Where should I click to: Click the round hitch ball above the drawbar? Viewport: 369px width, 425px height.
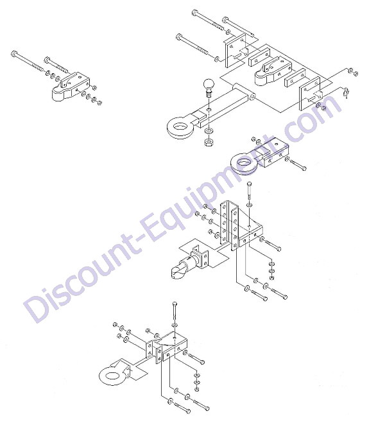[x=209, y=85]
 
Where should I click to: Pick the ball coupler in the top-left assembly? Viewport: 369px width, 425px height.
[x=71, y=87]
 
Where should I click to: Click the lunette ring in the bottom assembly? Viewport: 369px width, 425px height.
[x=112, y=376]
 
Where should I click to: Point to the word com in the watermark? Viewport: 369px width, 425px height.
[x=309, y=114]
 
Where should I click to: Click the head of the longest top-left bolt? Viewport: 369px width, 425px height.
[x=14, y=53]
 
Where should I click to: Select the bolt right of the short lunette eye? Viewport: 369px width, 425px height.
[x=296, y=164]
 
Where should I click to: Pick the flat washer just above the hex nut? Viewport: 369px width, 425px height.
[x=209, y=131]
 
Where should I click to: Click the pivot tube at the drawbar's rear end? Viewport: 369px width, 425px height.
[x=243, y=91]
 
